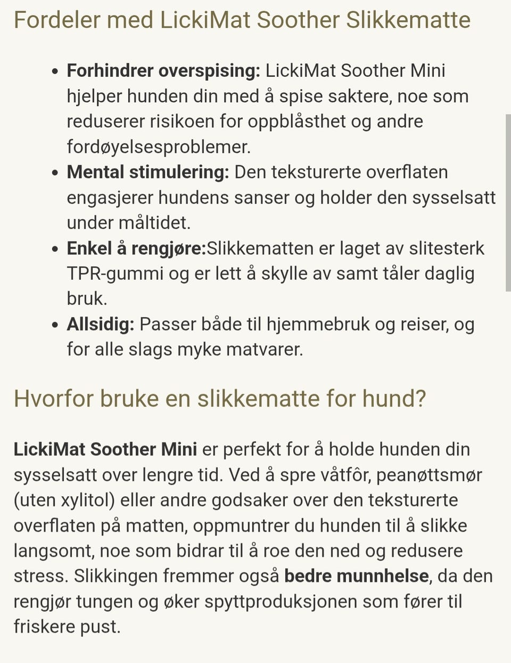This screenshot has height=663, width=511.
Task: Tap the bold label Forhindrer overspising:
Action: click(x=163, y=70)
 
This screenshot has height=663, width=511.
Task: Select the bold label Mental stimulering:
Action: click(x=147, y=172)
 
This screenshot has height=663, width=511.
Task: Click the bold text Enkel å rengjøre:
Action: click(x=136, y=248)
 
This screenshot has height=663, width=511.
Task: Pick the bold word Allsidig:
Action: click(x=100, y=324)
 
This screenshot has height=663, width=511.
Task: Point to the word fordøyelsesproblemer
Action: click(x=158, y=147)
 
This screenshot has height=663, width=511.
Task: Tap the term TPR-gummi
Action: click(x=115, y=273)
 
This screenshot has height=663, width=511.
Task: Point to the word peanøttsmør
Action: click(x=429, y=474)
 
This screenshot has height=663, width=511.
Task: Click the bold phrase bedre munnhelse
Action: click(x=356, y=576)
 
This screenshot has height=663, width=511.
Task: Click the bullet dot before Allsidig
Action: click(x=55, y=325)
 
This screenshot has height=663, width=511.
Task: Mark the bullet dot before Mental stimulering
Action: click(x=55, y=173)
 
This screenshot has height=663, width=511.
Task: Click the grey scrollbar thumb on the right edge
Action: click(x=508, y=203)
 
